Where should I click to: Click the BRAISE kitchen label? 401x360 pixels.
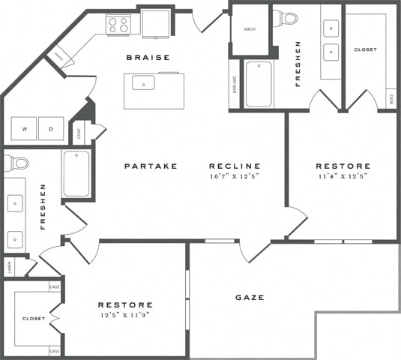(148, 58)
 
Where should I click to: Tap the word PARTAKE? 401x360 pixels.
(151, 166)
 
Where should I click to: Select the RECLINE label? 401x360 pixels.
(235, 166)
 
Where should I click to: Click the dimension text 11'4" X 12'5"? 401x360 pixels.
(343, 176)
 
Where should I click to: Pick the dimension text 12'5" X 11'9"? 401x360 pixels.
(125, 316)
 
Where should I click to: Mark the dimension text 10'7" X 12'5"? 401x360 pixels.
(235, 176)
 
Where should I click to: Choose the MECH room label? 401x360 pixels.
(250, 29)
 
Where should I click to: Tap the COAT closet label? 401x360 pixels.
(79, 133)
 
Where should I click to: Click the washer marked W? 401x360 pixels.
(25, 129)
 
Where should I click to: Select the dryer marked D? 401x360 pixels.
(52, 129)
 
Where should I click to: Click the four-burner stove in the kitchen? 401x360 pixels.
(118, 24)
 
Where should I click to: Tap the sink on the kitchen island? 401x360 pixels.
(143, 82)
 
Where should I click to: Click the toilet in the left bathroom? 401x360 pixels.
(17, 163)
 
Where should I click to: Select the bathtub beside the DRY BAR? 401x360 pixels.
(259, 84)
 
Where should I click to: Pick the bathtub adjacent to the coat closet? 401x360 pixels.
(76, 173)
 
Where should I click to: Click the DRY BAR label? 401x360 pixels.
(234, 83)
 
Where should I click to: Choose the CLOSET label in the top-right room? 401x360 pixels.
(365, 49)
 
